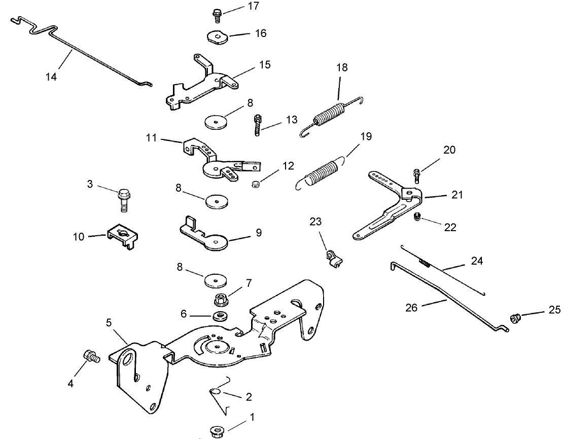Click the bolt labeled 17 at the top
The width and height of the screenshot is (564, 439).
click(x=217, y=15)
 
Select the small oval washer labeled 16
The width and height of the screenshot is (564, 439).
click(x=217, y=38)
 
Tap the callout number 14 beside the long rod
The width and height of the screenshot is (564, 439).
click(x=51, y=77)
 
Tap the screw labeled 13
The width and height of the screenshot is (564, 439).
click(x=257, y=124)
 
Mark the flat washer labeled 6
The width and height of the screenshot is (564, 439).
click(x=219, y=316)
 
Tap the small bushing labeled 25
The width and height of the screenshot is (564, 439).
click(x=515, y=318)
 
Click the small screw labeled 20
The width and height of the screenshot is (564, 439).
click(x=417, y=175)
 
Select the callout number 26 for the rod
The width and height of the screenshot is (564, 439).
click(x=411, y=307)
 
